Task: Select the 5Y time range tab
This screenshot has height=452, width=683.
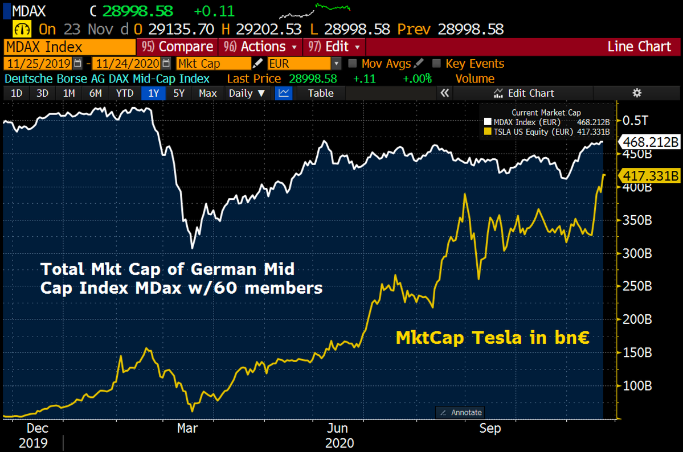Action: click(x=179, y=93)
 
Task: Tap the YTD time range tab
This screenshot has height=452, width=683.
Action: click(x=125, y=93)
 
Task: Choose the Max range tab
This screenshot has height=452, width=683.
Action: click(x=207, y=93)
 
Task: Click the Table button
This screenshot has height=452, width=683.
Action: click(x=321, y=93)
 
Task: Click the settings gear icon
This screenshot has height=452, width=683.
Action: click(x=637, y=93)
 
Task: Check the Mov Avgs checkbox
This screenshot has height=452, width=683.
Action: click(x=353, y=64)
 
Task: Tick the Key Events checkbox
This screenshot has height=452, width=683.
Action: click(x=437, y=64)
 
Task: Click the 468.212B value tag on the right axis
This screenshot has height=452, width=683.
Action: click(x=650, y=142)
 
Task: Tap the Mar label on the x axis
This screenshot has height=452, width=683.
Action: click(x=188, y=428)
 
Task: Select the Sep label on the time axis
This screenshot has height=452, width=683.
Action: click(x=489, y=428)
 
